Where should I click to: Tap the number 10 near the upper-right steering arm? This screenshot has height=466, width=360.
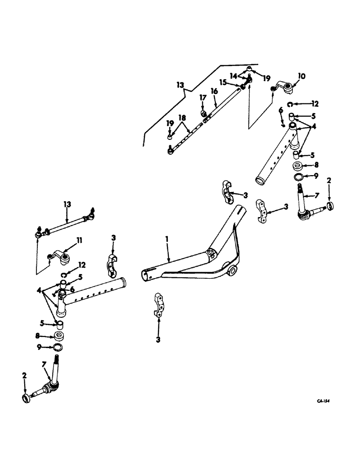pyautogui.click(x=302, y=75)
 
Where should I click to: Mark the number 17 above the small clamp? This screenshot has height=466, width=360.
pyautogui.click(x=202, y=97)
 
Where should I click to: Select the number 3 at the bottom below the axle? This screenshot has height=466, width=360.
pyautogui.click(x=158, y=340)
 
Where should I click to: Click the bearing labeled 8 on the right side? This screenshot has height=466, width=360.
pyautogui.click(x=297, y=166)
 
